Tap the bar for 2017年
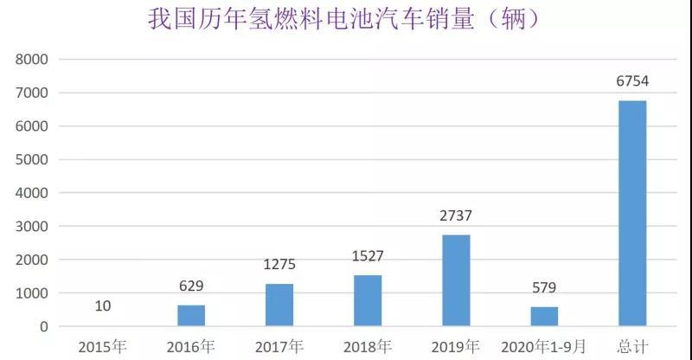pos(279,305)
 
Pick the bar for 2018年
pos(368,301)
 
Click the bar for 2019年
pos(456,280)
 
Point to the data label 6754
pos(632,82)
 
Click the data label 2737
pos(456,216)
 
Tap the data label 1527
pos(368,256)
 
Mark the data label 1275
pos(279,265)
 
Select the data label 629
pos(191,286)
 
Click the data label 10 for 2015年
pos(103,306)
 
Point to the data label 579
pos(544,288)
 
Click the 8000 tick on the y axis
pos(31,60)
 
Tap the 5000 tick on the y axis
pos(31,160)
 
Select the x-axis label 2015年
pos(103,346)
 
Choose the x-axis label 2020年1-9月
pos(544,346)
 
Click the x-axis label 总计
pos(632,346)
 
